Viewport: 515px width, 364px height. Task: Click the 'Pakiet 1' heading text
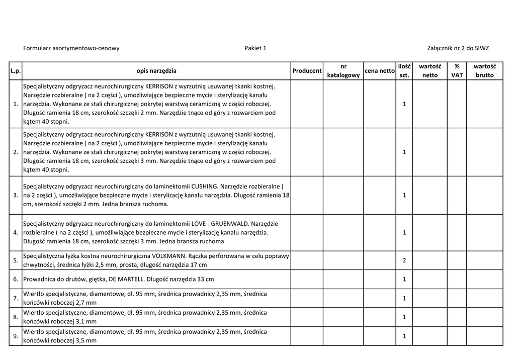point(255,48)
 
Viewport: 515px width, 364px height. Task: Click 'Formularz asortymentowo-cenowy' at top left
point(71,48)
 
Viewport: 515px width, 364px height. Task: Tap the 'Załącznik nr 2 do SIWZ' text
point(458,48)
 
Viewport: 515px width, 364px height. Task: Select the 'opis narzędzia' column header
point(156,71)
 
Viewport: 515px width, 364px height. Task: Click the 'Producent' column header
point(307,71)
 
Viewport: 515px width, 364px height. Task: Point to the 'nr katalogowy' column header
point(344,71)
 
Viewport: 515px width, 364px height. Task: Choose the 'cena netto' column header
point(380,71)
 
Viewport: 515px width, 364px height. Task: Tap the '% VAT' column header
point(457,71)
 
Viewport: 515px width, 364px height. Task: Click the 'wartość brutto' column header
point(485,71)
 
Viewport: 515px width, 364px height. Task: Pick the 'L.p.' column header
point(16,71)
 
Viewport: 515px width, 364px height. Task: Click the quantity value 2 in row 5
point(404,260)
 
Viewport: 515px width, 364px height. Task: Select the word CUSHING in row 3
point(205,186)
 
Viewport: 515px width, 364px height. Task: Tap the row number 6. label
point(16,279)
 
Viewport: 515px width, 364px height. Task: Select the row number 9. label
point(16,336)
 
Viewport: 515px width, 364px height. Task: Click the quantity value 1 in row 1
point(404,104)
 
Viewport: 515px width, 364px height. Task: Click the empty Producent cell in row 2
point(307,152)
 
